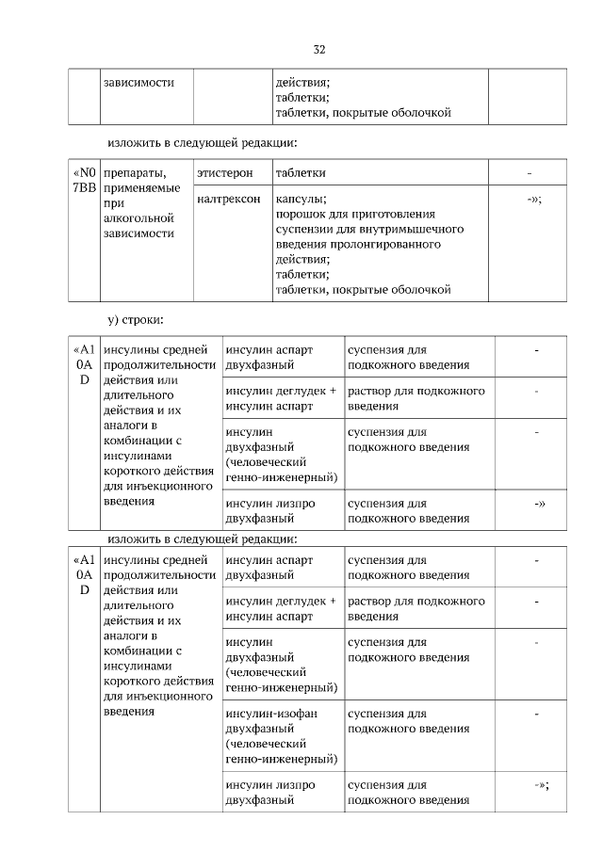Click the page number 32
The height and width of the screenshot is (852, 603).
318,49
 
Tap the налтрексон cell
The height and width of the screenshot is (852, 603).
229,200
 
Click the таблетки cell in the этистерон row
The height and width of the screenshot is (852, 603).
301,173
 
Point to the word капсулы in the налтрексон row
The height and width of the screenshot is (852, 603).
300,200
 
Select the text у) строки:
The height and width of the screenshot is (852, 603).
136,321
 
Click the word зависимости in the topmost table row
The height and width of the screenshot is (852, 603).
139,83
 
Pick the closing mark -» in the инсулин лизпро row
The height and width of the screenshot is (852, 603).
539,504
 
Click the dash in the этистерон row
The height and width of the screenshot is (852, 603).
530,173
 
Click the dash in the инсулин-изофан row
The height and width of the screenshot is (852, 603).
536,714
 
